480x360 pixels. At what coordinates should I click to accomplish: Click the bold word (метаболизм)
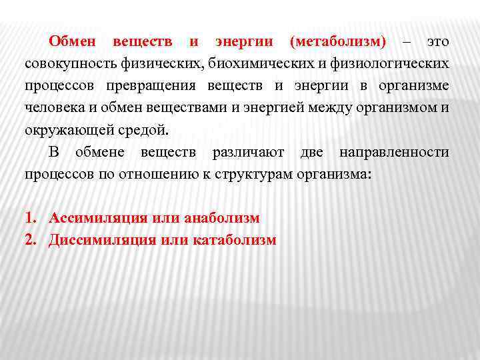coord(338,42)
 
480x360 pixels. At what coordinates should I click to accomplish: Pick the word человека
coord(52,108)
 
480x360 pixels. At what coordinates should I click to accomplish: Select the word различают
coord(249,153)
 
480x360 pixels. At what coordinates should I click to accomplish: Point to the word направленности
coord(394,153)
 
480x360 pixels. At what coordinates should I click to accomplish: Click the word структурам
coord(251,175)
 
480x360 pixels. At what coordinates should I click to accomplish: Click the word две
coord(312,153)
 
